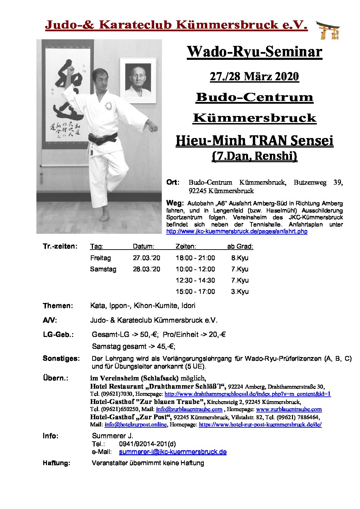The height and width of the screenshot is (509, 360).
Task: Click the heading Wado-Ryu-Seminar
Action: click(x=254, y=52)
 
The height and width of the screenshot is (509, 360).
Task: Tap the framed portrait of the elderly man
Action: click(x=138, y=80)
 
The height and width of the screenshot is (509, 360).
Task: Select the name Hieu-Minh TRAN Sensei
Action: click(x=254, y=141)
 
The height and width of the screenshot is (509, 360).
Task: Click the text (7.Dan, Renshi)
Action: click(x=254, y=156)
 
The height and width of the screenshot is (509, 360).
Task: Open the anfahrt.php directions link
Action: click(x=236, y=232)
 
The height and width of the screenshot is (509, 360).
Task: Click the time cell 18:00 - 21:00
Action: click(x=195, y=258)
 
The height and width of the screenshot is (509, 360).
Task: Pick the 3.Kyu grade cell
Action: click(x=240, y=292)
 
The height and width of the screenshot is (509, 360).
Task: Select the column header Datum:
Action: click(x=143, y=247)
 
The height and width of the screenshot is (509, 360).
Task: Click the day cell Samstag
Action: click(x=103, y=269)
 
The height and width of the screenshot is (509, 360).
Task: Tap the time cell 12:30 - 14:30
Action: click(x=195, y=281)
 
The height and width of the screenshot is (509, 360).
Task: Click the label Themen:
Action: click(x=58, y=306)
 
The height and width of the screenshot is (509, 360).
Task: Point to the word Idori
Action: click(x=188, y=306)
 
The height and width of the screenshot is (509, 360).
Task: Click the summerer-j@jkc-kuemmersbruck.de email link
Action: click(x=173, y=452)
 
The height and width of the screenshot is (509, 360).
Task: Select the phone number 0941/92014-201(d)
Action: click(x=147, y=444)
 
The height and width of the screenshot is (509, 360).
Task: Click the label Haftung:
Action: click(x=56, y=463)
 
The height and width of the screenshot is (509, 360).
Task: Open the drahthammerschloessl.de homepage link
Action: click(x=247, y=394)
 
